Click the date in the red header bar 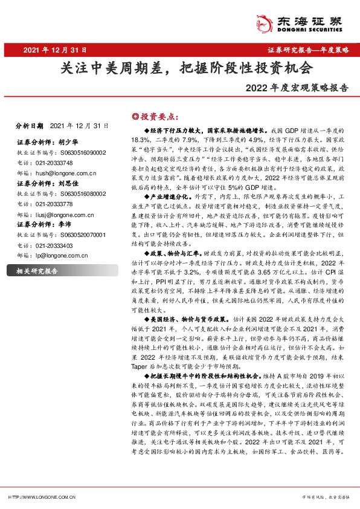click(57, 50)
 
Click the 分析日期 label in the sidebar click(30, 126)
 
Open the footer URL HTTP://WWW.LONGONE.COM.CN click(41, 496)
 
